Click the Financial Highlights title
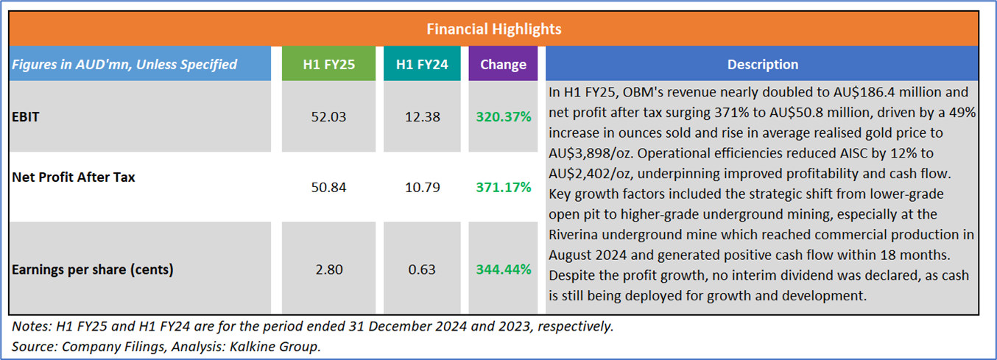(x=493, y=29)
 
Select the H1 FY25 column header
(x=329, y=64)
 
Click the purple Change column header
(x=503, y=64)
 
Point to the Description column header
(x=762, y=64)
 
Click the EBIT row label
(x=27, y=116)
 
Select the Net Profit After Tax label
(x=74, y=177)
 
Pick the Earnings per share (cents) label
(x=93, y=269)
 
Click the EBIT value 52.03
(x=329, y=116)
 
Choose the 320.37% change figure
(x=504, y=116)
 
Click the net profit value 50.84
(x=329, y=187)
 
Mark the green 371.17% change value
(x=504, y=187)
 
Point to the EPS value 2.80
(x=329, y=269)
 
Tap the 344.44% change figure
(x=504, y=269)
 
